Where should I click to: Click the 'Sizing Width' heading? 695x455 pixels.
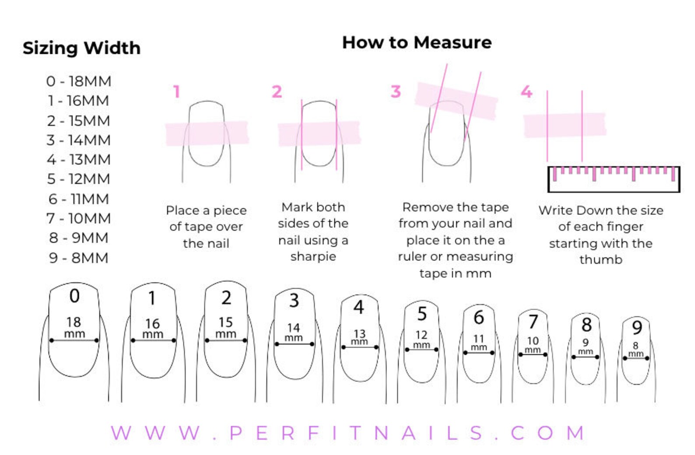point(81,49)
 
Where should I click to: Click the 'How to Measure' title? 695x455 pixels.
point(417,42)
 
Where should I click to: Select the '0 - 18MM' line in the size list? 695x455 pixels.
point(79,81)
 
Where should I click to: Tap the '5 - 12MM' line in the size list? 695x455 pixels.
point(78,179)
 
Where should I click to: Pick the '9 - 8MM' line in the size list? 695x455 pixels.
point(78,258)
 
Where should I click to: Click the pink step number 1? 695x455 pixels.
point(177,91)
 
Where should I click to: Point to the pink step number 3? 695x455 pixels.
point(396,91)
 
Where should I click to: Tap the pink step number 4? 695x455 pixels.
point(527,91)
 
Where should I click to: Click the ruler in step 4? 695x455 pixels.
point(614,179)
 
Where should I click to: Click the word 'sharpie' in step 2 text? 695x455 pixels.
point(313,257)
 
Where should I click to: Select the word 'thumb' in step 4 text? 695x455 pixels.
point(601,259)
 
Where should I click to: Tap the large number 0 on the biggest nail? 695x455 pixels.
point(74,296)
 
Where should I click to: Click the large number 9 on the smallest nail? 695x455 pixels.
point(637,328)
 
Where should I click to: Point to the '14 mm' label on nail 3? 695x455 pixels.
point(294,332)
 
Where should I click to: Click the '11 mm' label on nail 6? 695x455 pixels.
point(479,343)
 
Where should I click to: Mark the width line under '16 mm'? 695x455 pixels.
point(153,340)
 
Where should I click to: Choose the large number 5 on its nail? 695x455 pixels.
point(422,314)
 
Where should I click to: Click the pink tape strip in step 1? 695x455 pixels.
point(207,133)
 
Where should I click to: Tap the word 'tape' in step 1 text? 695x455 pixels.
point(194,227)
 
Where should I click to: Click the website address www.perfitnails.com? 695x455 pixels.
point(347,433)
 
